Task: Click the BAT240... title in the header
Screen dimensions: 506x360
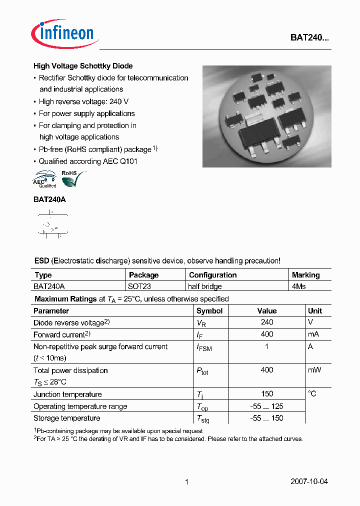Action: pyautogui.click(x=309, y=37)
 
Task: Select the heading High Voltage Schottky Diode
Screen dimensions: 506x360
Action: pyautogui.click(x=83, y=66)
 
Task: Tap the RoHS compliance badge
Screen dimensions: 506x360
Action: pyautogui.click(x=72, y=178)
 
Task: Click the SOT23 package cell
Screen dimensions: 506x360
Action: pyautogui.click(x=140, y=286)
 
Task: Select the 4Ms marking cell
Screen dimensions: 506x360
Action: pyautogui.click(x=299, y=286)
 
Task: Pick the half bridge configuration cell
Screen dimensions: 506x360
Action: pyautogui.click(x=205, y=286)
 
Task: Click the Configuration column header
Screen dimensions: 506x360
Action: pyautogui.click(x=212, y=275)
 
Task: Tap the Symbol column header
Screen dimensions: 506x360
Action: pyautogui.click(x=210, y=310)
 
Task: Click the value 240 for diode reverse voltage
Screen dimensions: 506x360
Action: pyautogui.click(x=267, y=322)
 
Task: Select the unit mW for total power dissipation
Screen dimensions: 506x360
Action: pyautogui.click(x=314, y=370)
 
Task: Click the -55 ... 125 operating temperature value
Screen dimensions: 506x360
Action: pyautogui.click(x=267, y=406)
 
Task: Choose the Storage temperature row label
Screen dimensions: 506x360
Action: pyautogui.click(x=67, y=418)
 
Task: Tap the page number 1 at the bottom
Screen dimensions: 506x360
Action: pyautogui.click(x=186, y=482)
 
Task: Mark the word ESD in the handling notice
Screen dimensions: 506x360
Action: pyautogui.click(x=41, y=261)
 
